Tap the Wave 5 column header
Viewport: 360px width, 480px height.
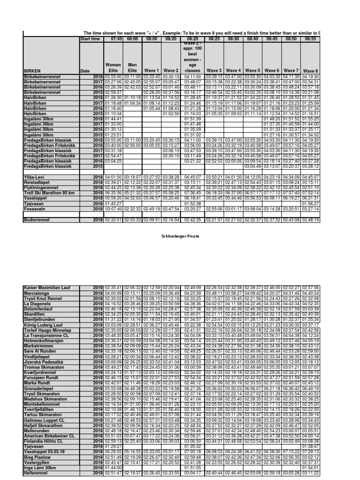click(x=253, y=71)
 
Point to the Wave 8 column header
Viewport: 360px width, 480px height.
click(x=310, y=71)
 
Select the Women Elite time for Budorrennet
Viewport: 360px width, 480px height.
click(x=110, y=219)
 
